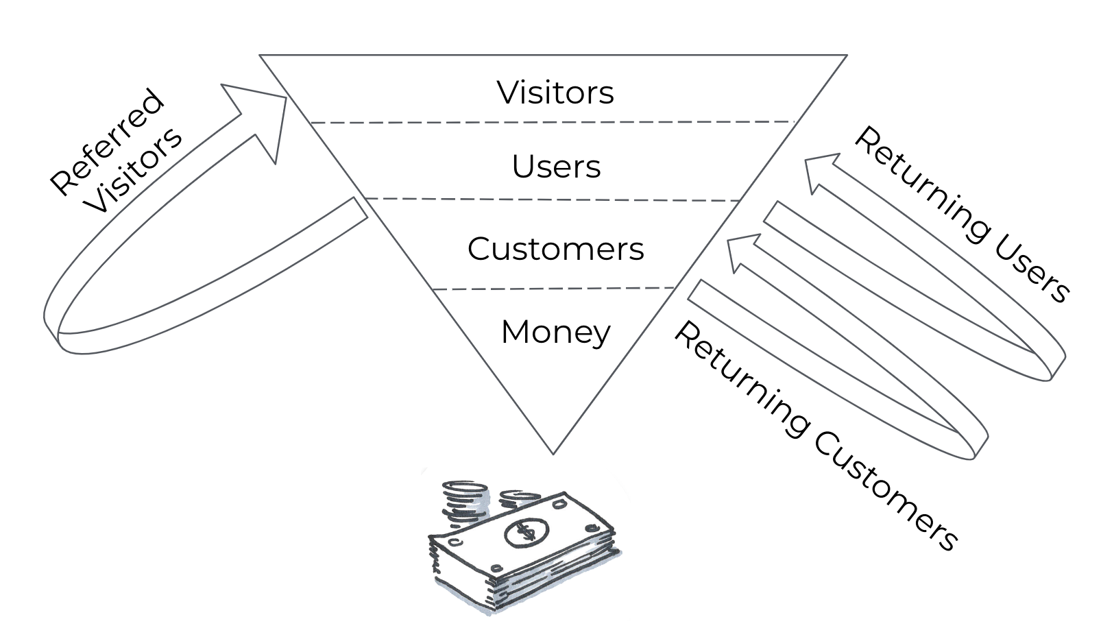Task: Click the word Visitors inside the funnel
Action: tap(555, 93)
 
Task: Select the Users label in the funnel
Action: tap(556, 167)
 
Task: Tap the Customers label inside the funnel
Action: tap(555, 249)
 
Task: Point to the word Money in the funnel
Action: tap(555, 332)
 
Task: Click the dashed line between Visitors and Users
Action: tap(552, 122)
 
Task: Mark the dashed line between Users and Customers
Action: tap(552, 200)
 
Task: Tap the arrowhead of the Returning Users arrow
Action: tap(820, 171)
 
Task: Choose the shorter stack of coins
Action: tap(519, 498)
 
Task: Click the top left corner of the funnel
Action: tap(261, 56)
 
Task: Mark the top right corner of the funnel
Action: tap(846, 56)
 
